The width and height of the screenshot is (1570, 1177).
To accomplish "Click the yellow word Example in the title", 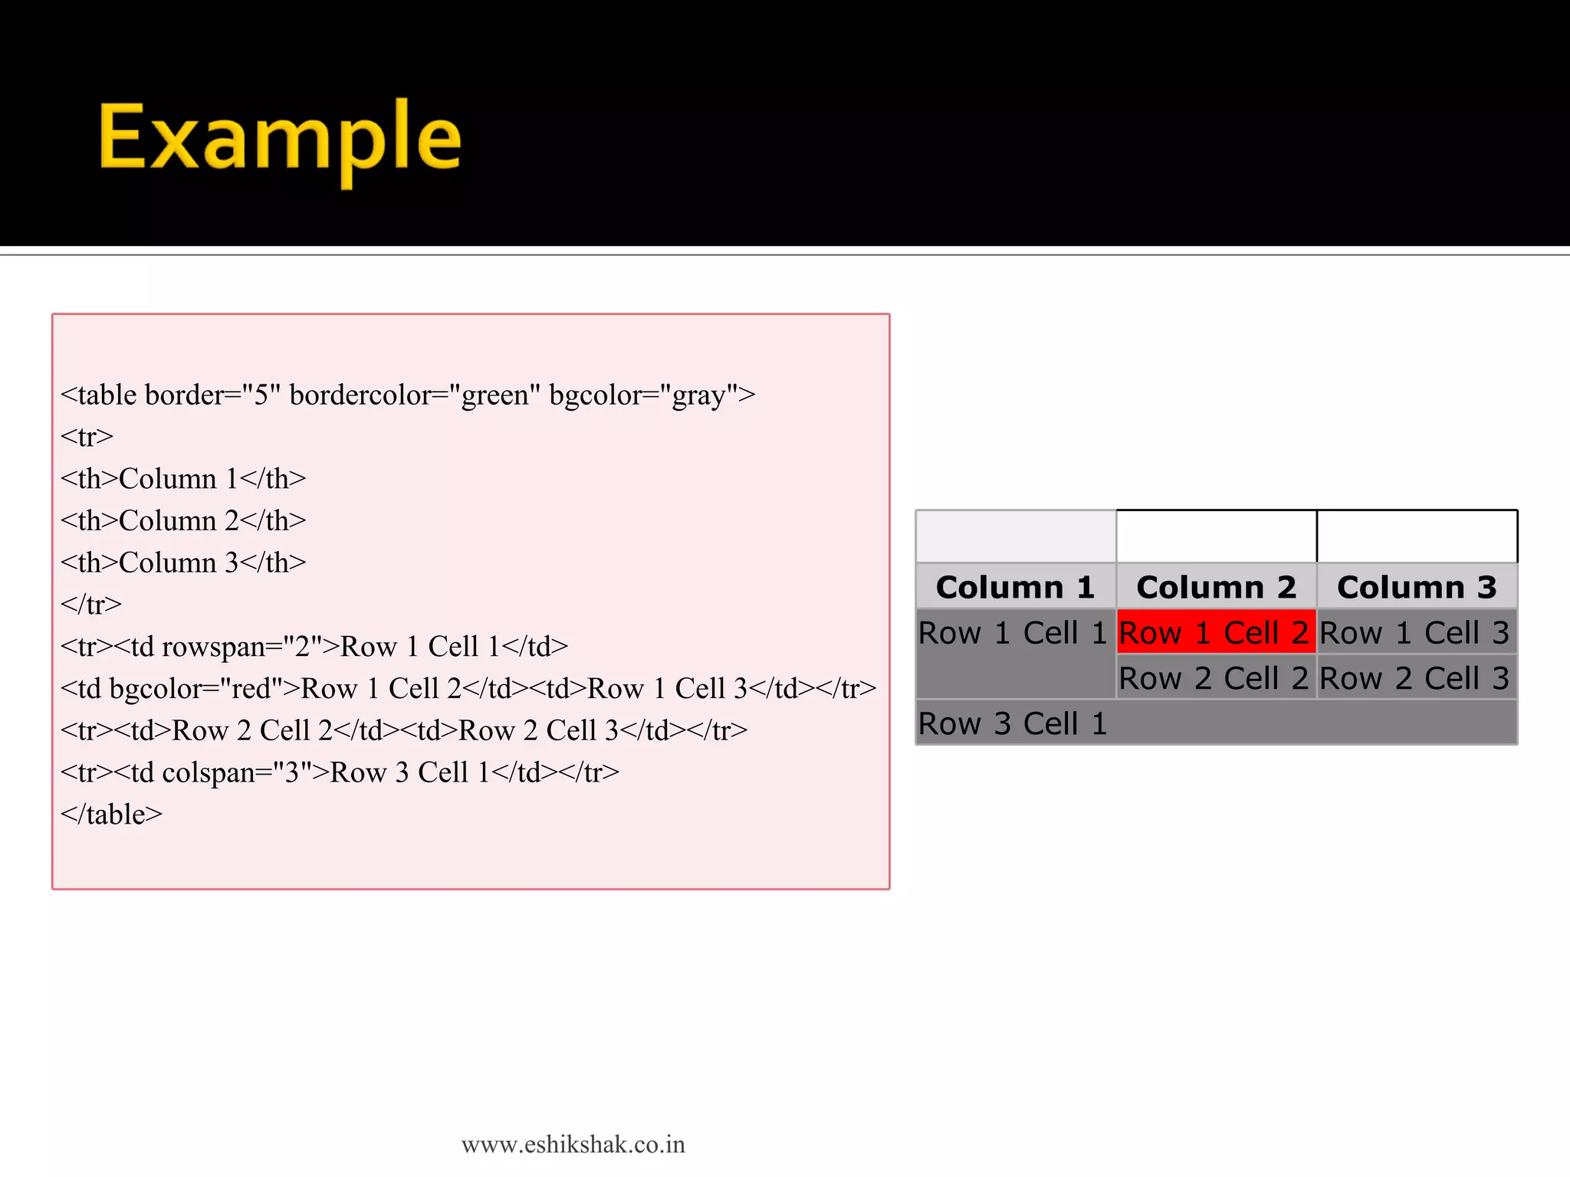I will tap(280, 138).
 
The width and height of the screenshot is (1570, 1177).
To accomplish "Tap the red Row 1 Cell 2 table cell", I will tap(1216, 632).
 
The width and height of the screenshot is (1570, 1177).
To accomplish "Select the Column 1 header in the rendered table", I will tap(1015, 587).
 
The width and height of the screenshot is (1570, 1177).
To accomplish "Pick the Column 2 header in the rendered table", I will tap(1216, 587).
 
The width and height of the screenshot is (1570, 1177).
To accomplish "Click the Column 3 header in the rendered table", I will tap(1417, 587).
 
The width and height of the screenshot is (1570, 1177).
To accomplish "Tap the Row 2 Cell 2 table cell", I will tap(1216, 678).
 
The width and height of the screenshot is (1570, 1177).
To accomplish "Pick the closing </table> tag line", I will tap(112, 815).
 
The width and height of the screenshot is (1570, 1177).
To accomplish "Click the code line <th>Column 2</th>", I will tap(183, 521).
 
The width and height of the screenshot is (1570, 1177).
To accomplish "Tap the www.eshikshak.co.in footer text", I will tap(573, 1145).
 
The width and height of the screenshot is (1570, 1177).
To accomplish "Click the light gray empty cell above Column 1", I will tap(1015, 536).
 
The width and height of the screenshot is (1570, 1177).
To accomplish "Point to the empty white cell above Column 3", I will tap(1417, 536).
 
